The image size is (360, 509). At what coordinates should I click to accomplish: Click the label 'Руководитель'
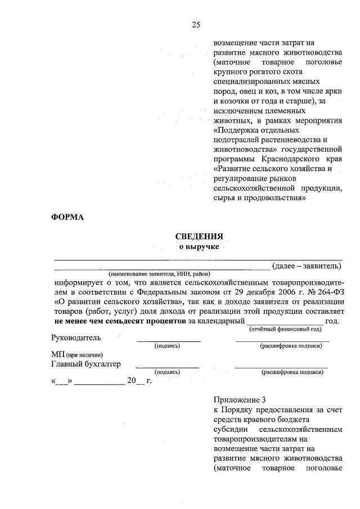(x=76, y=337)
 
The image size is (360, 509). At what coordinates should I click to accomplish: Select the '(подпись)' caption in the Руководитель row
(x=167, y=346)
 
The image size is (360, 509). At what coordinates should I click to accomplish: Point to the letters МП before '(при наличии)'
(x=57, y=355)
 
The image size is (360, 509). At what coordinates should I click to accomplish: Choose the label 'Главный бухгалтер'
(x=85, y=364)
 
